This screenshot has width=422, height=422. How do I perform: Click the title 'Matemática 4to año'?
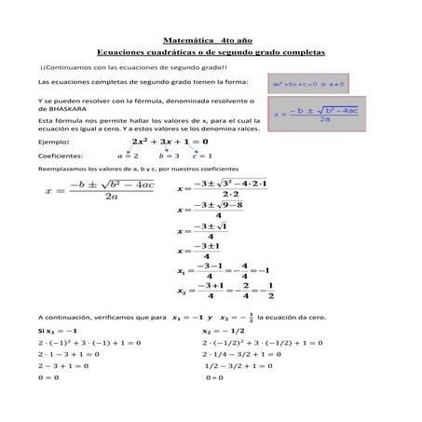coord(210,42)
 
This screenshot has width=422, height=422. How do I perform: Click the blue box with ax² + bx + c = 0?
coord(307,83)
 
